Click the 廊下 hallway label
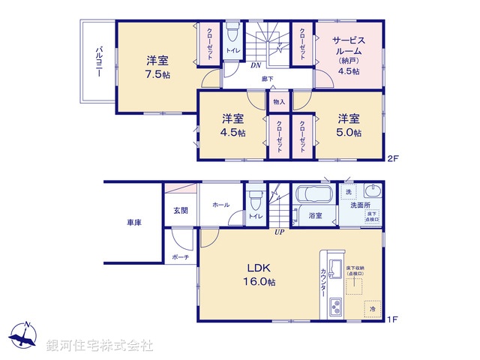click(x=267, y=78)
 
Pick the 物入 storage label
click(x=279, y=101)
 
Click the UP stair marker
click(x=279, y=232)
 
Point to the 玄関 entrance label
click(x=181, y=210)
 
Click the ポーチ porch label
click(x=180, y=257)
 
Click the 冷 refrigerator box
click(x=373, y=308)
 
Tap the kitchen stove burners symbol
click(x=334, y=307)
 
